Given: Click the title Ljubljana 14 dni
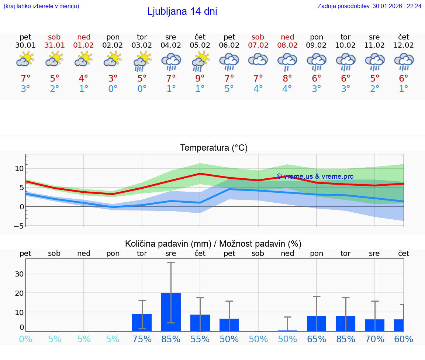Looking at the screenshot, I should point(182,11).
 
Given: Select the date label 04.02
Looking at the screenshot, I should point(171,45).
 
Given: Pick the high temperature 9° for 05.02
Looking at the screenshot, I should point(200,79).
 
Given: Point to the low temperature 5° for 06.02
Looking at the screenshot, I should point(229,89).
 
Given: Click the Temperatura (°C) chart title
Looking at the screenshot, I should point(214,148).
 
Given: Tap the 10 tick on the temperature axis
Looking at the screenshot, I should point(19,168).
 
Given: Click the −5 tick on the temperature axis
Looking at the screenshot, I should point(19,226).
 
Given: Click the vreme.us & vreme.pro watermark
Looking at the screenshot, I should point(315,176).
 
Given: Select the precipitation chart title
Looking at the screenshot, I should point(213,244).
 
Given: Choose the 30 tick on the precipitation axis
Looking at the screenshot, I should point(19,274).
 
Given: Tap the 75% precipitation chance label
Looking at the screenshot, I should point(142,339).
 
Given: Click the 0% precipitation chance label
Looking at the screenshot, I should point(25,339).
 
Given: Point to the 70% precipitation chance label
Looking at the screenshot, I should point(374,339).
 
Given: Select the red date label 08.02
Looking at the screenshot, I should point(287,45).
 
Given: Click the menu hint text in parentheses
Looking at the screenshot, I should point(41,6).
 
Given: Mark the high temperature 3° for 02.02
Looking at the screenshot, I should point(113,79).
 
